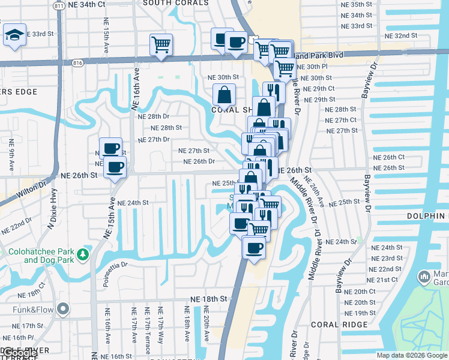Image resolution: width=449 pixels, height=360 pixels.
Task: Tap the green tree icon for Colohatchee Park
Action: (82, 254)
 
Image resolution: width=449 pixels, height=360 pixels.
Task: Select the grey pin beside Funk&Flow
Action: (63, 310)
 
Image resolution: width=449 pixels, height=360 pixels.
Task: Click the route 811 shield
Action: (58, 5)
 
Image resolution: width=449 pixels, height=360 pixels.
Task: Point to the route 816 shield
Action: (77, 62)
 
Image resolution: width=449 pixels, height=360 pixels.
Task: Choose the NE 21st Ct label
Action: (382, 280)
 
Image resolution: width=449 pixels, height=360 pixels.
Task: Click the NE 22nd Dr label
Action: (16, 226)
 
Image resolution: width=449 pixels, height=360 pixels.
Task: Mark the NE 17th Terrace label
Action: (147, 325)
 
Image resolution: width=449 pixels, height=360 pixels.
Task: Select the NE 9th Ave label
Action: (11, 155)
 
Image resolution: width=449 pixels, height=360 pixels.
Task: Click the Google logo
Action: (19, 353)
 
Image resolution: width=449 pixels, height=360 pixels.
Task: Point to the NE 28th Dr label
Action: (154, 116)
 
